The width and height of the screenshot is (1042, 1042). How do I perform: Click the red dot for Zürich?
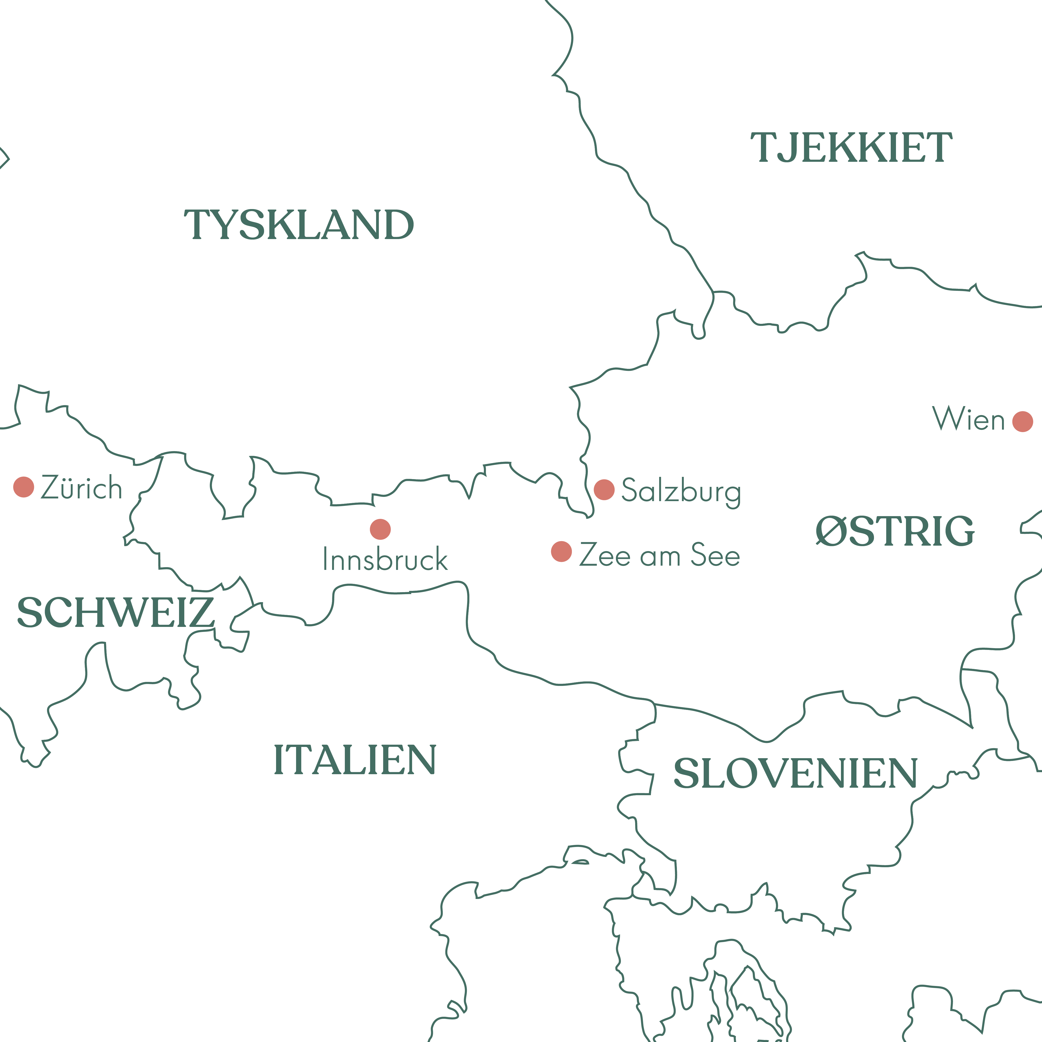24,487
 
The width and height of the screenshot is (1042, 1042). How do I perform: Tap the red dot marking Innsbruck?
380,529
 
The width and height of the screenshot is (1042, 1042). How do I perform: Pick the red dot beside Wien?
1022,421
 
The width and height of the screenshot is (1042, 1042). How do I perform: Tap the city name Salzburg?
681,491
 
